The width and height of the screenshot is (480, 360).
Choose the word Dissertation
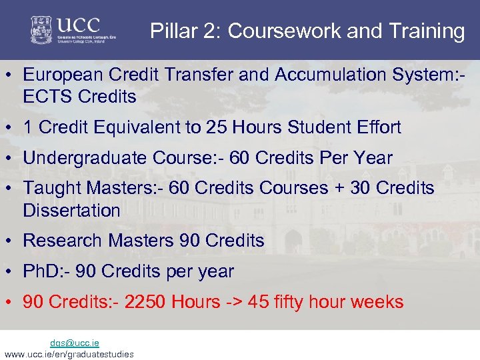pos(71,211)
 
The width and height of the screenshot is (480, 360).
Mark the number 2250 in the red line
pos(145,302)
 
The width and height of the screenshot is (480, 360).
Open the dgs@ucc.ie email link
pos(75,343)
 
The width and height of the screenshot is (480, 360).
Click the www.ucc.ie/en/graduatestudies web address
pos(69,354)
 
